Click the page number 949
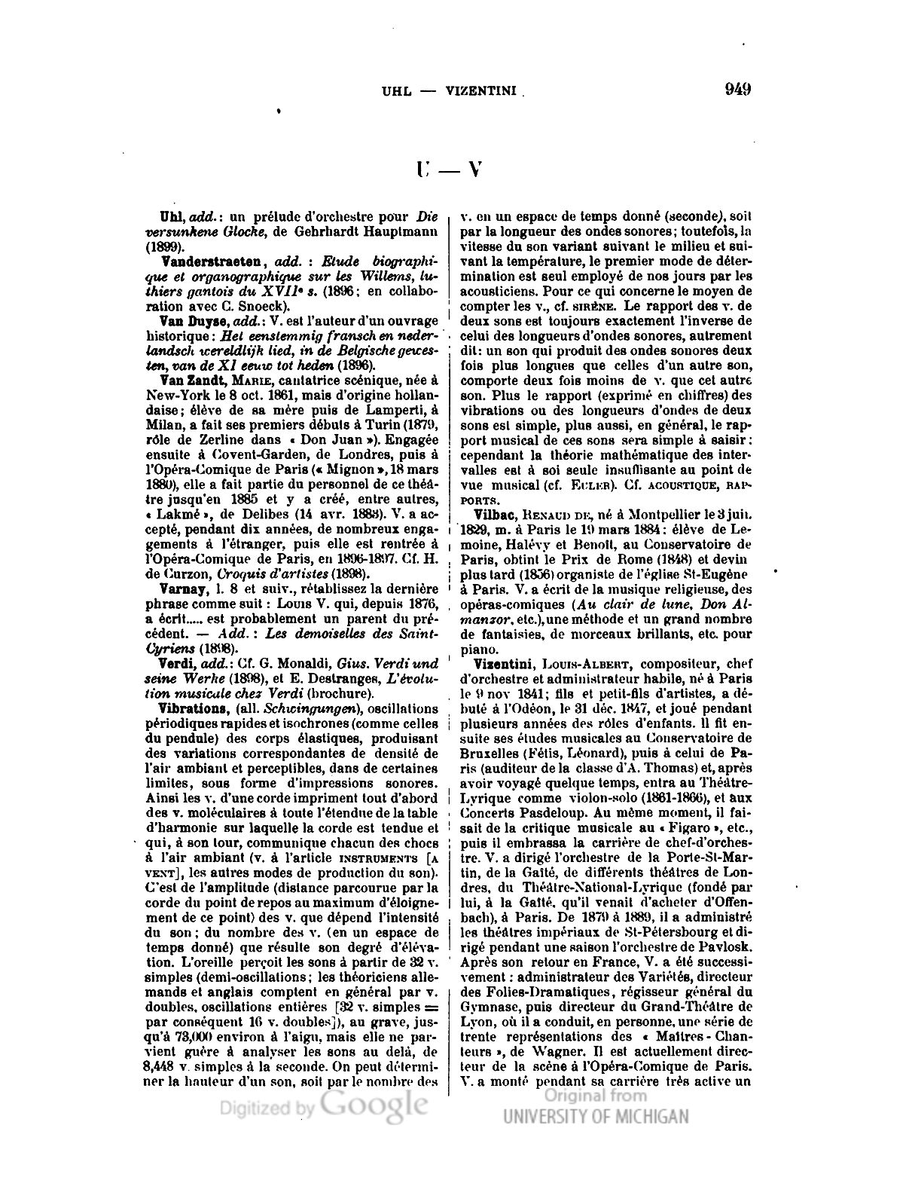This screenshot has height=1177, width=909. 737,90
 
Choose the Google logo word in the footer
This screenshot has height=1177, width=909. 374,1105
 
